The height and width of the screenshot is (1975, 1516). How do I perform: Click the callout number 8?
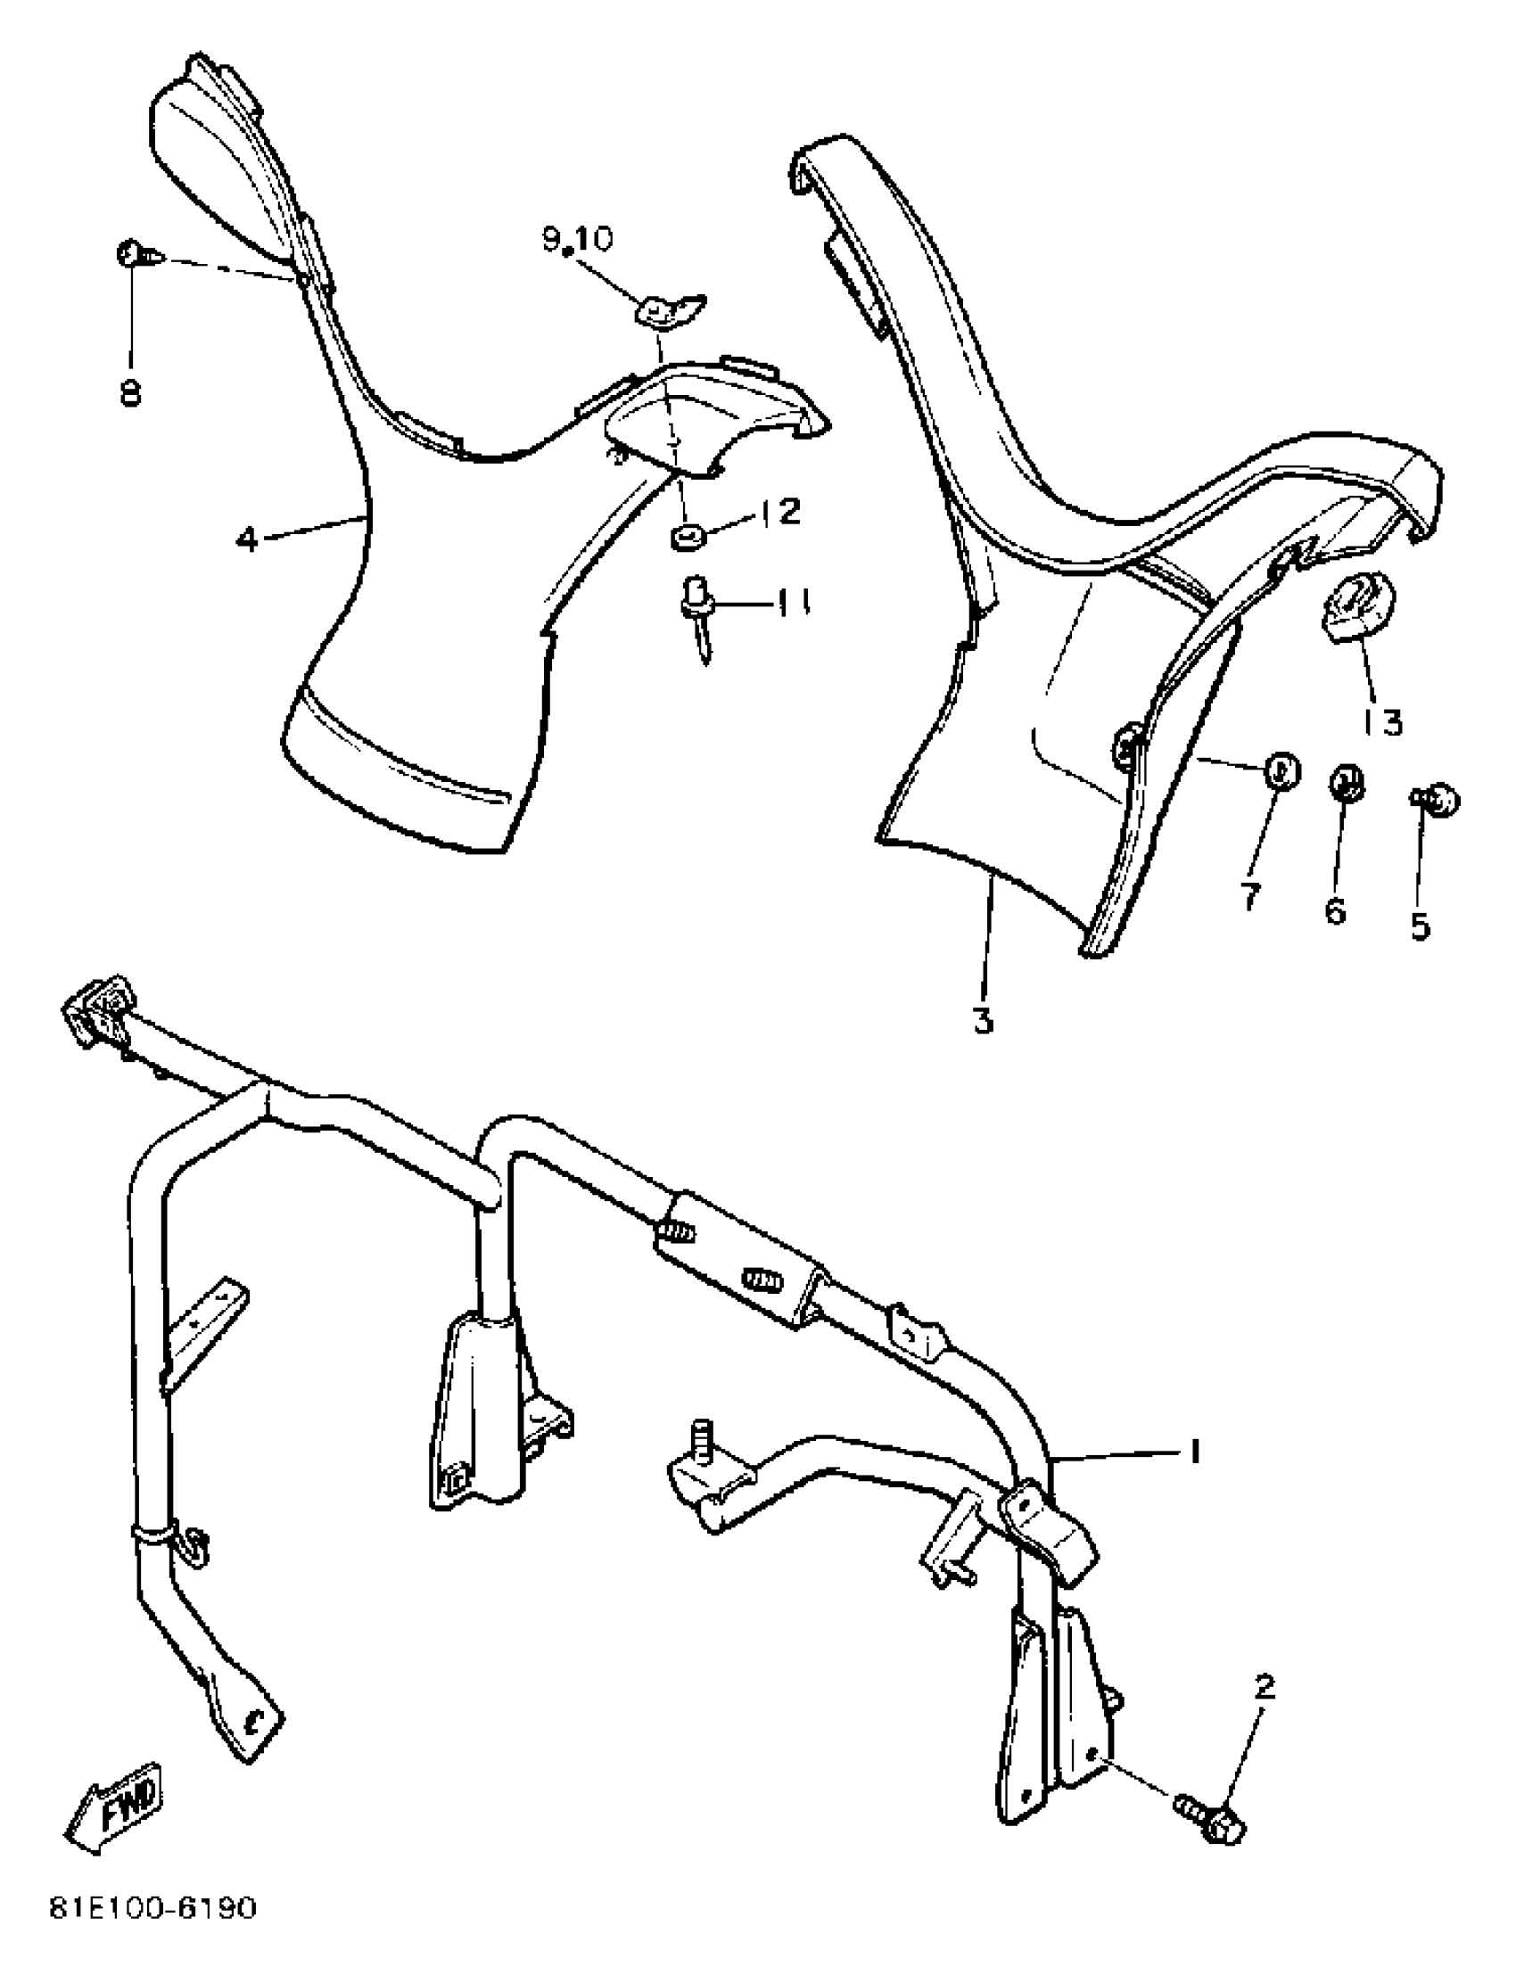tap(131, 393)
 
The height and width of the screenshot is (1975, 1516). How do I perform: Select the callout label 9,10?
tap(577, 239)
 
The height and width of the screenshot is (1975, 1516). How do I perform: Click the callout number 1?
tap(1194, 1451)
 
